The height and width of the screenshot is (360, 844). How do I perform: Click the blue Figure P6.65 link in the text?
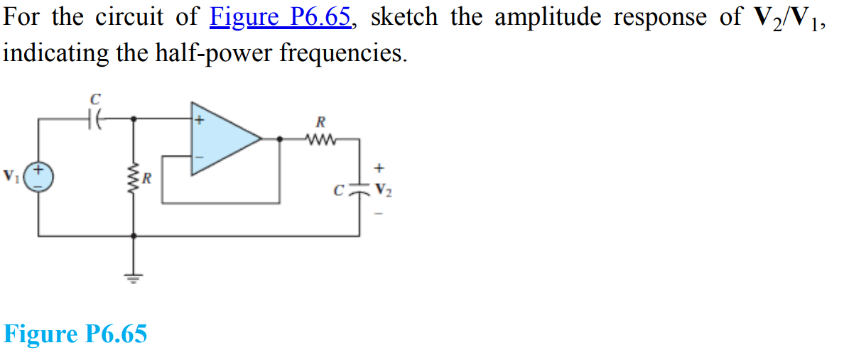[281, 18]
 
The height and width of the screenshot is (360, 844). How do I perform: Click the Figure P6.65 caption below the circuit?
[75, 334]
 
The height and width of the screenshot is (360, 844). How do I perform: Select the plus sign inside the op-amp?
[200, 121]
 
